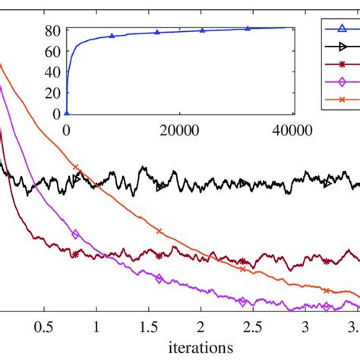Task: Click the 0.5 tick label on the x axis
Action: (44, 328)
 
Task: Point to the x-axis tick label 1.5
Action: (148, 328)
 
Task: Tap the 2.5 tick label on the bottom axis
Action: (253, 328)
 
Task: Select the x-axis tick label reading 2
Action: (201, 328)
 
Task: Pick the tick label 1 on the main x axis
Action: (96, 328)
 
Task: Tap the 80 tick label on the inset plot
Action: (52, 31)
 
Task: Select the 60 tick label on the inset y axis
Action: (52, 52)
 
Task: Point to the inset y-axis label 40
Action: (52, 72)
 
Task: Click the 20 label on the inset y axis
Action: (52, 93)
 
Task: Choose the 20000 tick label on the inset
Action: (179, 129)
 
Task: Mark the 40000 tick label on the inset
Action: (293, 129)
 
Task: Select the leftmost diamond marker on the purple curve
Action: (75, 235)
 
